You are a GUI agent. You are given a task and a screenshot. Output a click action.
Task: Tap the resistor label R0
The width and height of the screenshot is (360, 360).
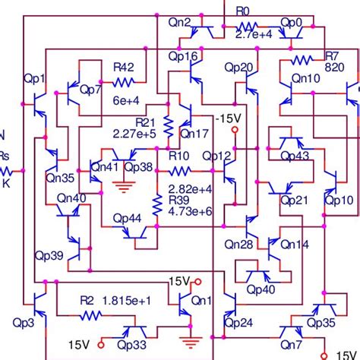coord(242,11)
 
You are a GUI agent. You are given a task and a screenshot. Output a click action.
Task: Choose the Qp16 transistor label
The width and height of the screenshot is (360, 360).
coord(183,56)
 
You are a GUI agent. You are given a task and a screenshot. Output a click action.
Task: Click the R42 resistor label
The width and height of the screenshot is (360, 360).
coord(124,67)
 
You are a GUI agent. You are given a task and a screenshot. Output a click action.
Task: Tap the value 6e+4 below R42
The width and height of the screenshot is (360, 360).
coord(126,99)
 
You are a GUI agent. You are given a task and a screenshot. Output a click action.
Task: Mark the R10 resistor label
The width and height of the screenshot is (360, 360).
coord(179,156)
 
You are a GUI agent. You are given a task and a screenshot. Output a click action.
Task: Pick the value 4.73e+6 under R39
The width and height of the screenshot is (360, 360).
coord(190,210)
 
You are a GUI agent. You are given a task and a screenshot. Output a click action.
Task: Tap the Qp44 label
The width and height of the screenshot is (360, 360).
coord(128,218)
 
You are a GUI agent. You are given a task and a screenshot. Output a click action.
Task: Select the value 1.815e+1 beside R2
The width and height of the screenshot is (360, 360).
coord(128,301)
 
